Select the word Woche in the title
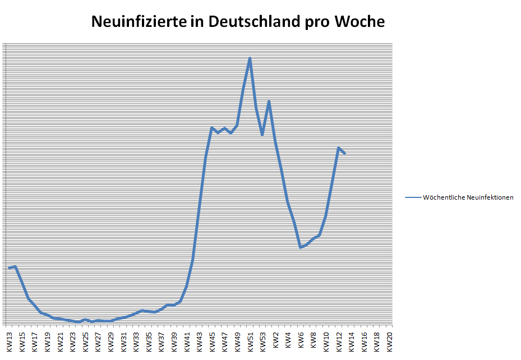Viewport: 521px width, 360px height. [359, 22]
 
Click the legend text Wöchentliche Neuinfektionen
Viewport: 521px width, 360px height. [468, 197]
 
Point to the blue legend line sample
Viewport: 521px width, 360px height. [413, 197]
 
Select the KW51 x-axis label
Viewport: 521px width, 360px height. [251, 341]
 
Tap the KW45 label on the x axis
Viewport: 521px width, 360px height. [213, 341]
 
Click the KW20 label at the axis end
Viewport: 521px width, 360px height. [390, 341]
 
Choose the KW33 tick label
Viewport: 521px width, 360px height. [136, 341]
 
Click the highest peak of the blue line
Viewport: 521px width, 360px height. [250, 58]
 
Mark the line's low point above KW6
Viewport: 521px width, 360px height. [301, 247]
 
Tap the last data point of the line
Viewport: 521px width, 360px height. [345, 154]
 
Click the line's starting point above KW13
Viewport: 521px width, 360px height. [10, 268]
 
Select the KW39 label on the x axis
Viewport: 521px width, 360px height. [174, 341]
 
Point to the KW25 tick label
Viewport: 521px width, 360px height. [86, 341]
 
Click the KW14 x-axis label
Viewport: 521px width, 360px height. [352, 341]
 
